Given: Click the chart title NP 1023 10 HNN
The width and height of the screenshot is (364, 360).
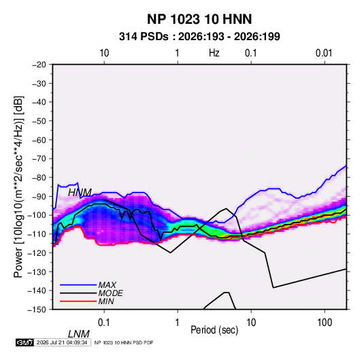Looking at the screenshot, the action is coord(199,19).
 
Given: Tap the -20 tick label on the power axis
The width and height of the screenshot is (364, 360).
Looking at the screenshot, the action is coord(39,65).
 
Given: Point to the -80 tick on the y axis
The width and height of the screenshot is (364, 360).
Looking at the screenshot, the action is coord(39,178).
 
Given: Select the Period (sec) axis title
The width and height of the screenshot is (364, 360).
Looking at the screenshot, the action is coord(214,330).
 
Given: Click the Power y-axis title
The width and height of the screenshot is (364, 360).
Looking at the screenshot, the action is coord(18,187).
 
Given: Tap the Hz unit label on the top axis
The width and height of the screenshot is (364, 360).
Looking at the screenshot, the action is coord(214,53).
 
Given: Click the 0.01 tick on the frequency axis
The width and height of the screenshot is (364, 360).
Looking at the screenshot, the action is coord(324,53).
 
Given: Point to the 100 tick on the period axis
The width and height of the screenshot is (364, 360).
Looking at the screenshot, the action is coord(325,323).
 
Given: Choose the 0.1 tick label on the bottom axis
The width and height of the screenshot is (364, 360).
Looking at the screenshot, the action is coord(104,323).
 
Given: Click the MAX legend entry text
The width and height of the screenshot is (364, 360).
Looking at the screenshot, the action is coord(107,285).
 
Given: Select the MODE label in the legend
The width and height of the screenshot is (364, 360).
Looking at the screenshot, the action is coord(110,293).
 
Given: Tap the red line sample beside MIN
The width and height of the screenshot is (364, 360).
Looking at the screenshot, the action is coord(78,301).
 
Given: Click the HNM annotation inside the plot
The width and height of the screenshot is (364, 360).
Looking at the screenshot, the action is coord(80,193).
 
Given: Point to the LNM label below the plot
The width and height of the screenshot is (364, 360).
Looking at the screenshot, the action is coord(78,334).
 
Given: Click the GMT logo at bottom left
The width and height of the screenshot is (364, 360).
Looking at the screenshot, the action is coord(24,342).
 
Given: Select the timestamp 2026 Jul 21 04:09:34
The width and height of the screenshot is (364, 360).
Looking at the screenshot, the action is coord(62,342).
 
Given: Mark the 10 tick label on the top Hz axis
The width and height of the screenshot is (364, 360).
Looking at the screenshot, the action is coord(104,53).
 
